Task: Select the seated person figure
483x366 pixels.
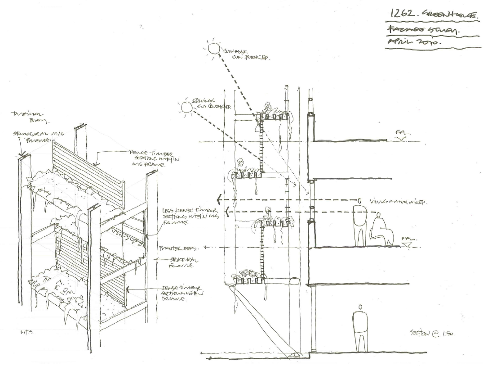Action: coord(381,230)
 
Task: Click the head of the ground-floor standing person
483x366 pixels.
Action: coord(359,307)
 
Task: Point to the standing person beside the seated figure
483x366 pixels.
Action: coord(360,223)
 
